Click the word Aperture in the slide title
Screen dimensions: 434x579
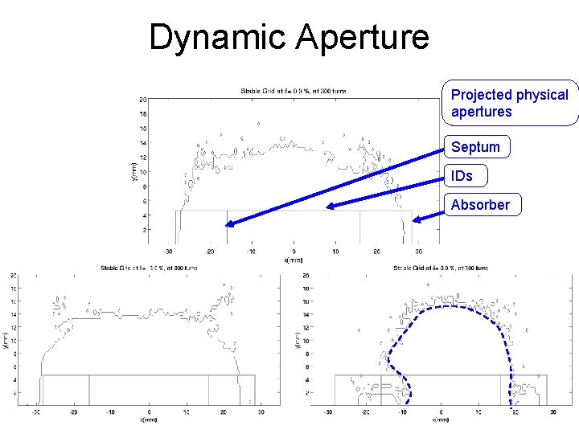pos(363,38)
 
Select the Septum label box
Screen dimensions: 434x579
pos(475,147)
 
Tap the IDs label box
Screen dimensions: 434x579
pos(462,175)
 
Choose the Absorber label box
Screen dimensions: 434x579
pos(480,205)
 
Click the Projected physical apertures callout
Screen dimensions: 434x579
pos(510,103)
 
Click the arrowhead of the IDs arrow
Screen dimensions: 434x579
pos(330,207)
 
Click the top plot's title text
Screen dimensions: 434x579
pos(294,92)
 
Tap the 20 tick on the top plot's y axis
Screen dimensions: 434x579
pos(142,100)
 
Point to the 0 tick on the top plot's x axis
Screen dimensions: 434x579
pos(294,252)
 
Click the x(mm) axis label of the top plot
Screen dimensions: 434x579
pos(294,260)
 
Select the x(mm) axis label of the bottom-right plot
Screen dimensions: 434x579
pos(440,420)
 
